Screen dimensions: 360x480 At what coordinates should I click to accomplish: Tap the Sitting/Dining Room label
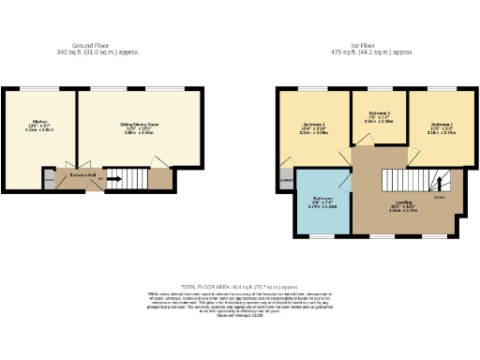(x=138, y=124)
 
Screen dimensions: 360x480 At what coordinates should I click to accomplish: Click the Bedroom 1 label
(x=313, y=125)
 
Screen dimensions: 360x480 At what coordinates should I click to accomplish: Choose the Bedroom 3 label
(x=378, y=112)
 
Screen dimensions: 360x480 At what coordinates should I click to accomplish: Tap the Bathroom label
(x=323, y=199)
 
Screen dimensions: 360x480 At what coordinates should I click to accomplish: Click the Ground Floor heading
(x=97, y=45)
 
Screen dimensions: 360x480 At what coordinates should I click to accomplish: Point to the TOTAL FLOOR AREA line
(x=238, y=286)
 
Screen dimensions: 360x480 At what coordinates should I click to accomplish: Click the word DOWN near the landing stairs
(x=439, y=197)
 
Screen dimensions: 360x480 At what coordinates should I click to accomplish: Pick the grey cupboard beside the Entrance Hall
(x=49, y=179)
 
